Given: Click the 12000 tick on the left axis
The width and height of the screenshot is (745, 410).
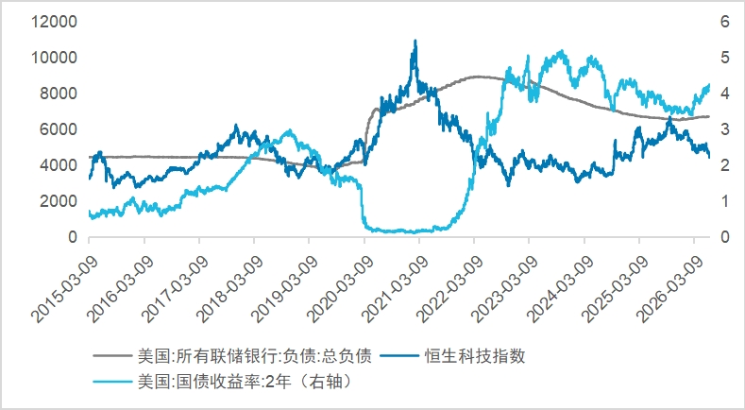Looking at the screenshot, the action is pyautogui.click(x=54, y=22).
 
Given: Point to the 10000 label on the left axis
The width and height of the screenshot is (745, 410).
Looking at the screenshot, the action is pyautogui.click(x=54, y=58).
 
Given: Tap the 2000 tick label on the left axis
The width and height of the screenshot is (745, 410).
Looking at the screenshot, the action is pyautogui.click(x=58, y=200).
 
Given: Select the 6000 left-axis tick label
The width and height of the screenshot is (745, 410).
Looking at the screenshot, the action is pyautogui.click(x=58, y=128).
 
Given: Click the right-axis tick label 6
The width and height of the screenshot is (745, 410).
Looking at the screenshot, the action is pyautogui.click(x=724, y=22).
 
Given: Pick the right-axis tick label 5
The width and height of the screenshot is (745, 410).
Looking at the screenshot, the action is pyautogui.click(x=724, y=58).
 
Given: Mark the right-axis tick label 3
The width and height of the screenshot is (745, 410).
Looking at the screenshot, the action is pyautogui.click(x=724, y=128).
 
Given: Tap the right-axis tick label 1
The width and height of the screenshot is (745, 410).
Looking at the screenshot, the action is pyautogui.click(x=724, y=200).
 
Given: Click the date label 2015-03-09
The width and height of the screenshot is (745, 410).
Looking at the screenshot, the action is pyautogui.click(x=64, y=289).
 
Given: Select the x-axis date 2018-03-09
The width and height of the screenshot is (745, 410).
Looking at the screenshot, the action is pyautogui.click(x=229, y=289).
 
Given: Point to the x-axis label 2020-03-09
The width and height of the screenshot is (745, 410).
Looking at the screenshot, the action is pyautogui.click(x=340, y=289).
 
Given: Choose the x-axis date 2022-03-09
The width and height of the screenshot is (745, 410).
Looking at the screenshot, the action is pyautogui.click(x=449, y=289).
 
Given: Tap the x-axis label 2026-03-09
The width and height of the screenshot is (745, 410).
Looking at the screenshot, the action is pyautogui.click(x=669, y=289).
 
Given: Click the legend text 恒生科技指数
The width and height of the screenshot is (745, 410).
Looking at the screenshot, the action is pyautogui.click(x=475, y=356).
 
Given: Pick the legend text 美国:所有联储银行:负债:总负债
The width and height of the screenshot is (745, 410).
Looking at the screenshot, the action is pyautogui.click(x=255, y=356).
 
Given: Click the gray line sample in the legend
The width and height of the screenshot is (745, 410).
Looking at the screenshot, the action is pyautogui.click(x=112, y=356).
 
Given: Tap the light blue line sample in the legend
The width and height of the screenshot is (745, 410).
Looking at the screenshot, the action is pyautogui.click(x=112, y=382).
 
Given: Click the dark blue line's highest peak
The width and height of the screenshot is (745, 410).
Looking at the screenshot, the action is pyautogui.click(x=415, y=41).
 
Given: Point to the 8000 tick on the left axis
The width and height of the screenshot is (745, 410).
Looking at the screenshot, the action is pyautogui.click(x=58, y=94).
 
